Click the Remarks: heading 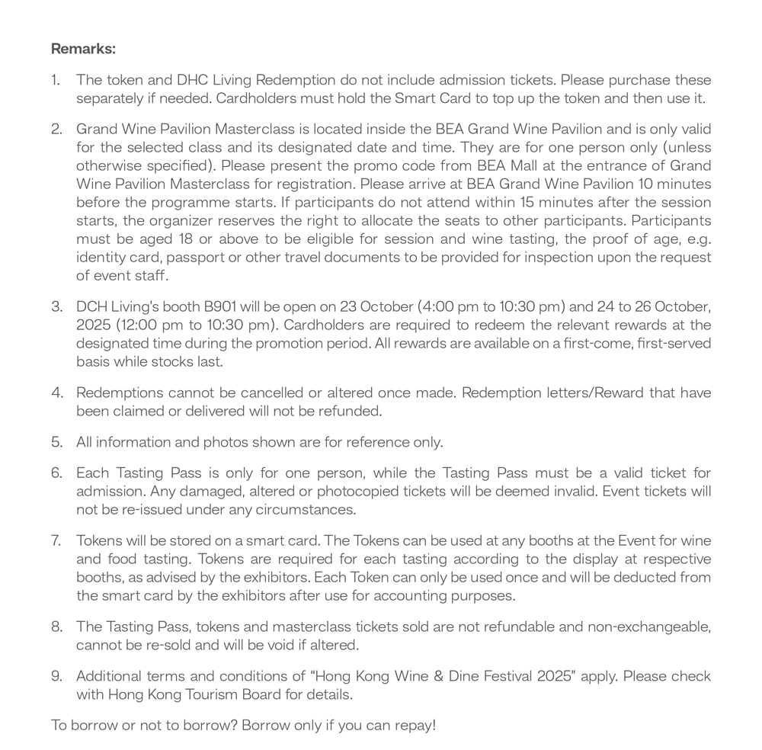(83, 50)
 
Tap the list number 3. (56, 307)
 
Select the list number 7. (56, 540)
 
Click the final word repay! (416, 725)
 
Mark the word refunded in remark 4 (354, 411)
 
